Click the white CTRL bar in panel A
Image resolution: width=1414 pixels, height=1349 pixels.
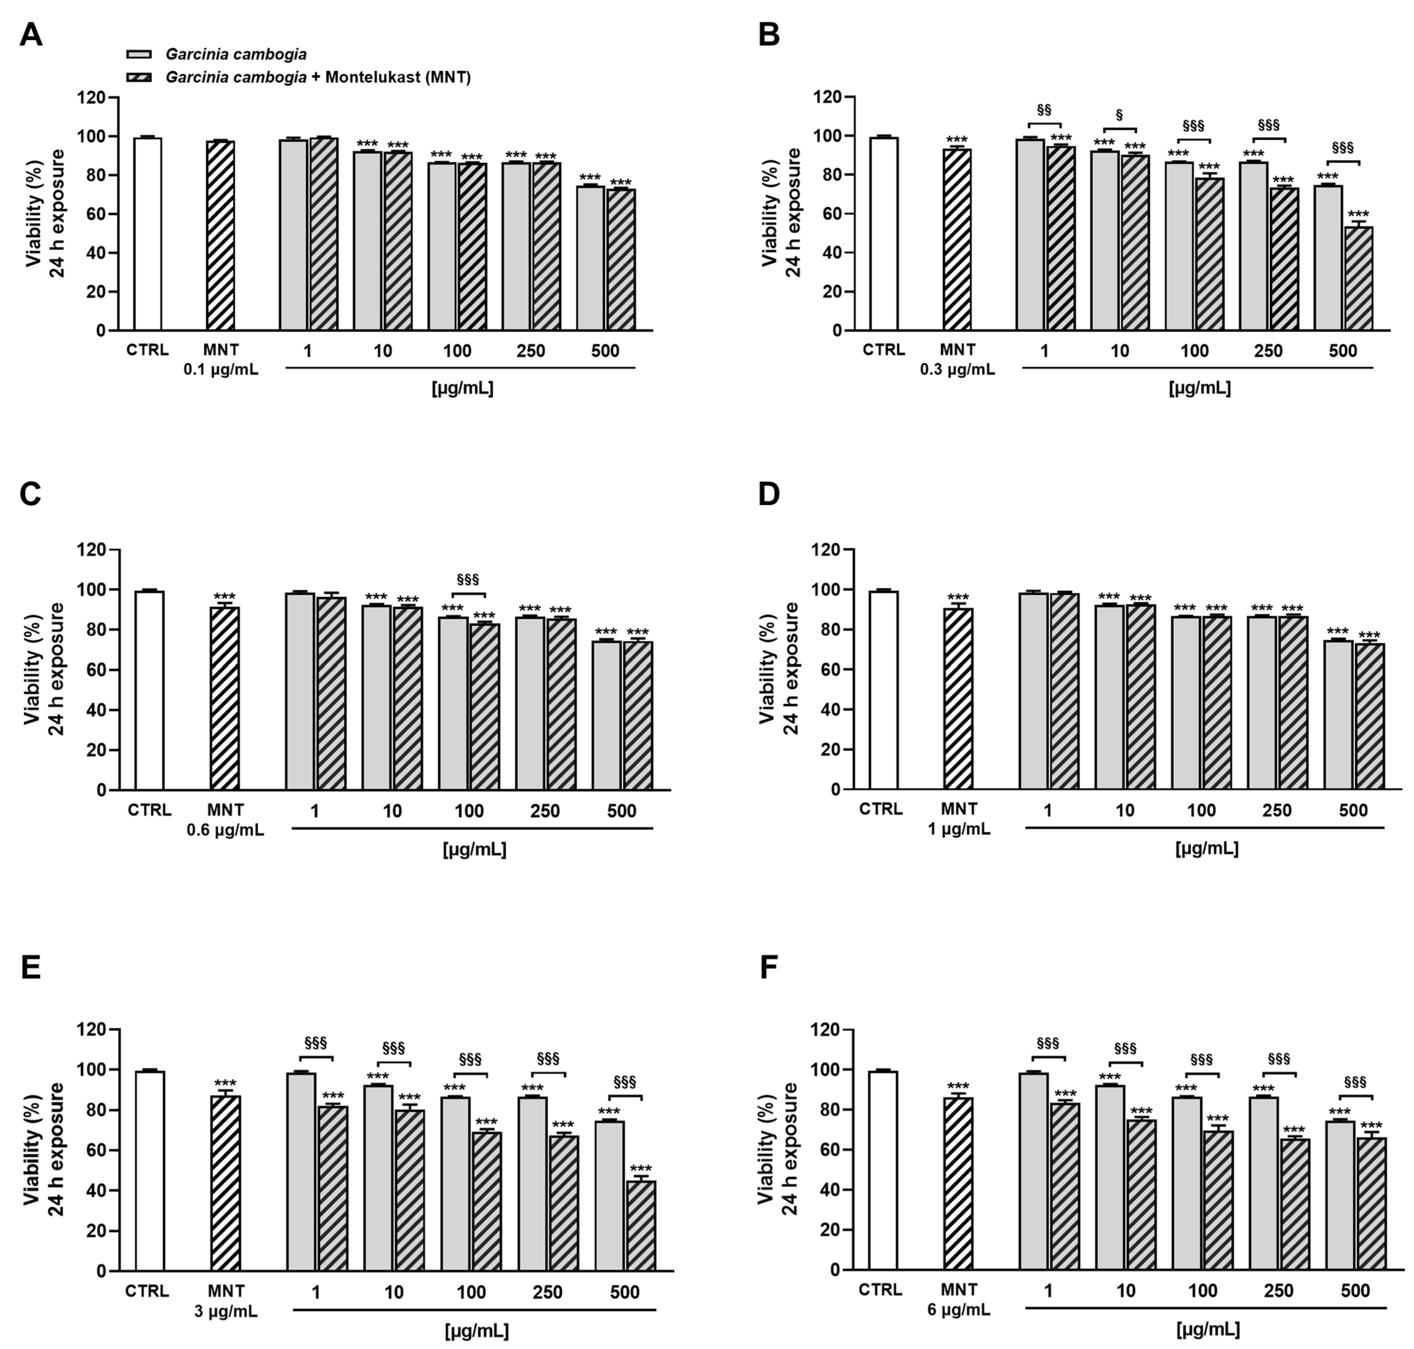[x=147, y=234]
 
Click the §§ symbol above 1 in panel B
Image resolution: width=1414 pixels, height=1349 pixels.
[x=1044, y=110]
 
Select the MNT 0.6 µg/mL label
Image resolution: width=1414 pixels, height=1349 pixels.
[x=225, y=820]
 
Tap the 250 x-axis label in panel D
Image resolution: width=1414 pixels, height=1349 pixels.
[x=1277, y=810]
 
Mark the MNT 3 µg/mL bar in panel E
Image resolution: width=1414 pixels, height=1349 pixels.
[x=225, y=1183]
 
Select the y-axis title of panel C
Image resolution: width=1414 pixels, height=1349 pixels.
[x=43, y=669]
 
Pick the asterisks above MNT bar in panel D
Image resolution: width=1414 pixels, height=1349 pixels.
[x=958, y=598]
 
